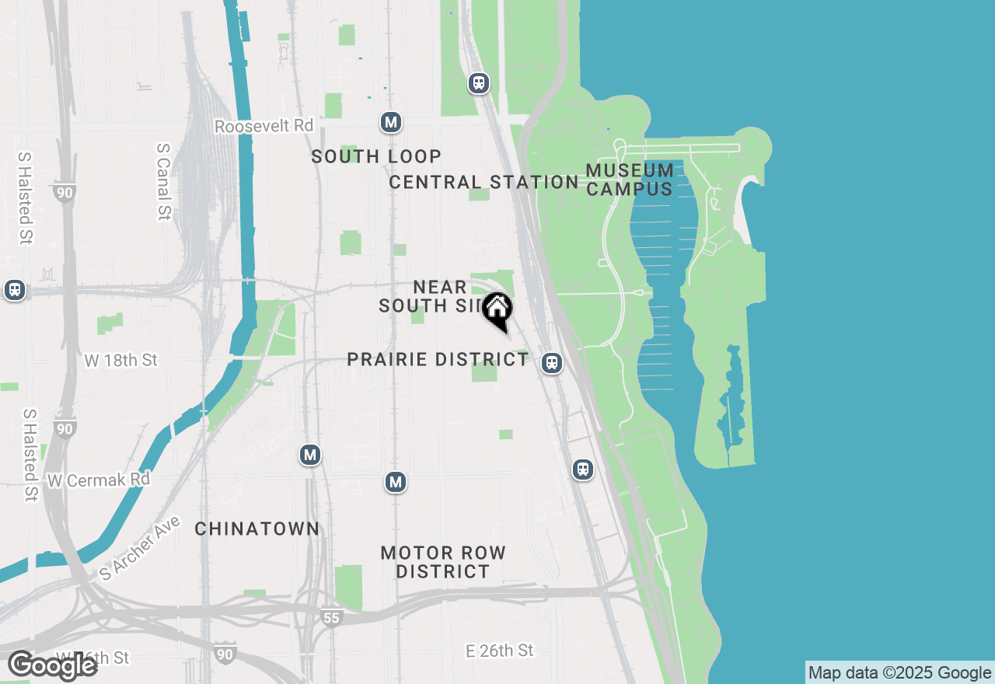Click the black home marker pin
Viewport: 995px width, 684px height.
coord(497,310)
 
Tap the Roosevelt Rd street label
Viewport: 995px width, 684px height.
coord(264,126)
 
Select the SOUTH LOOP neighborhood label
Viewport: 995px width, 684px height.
coord(376,156)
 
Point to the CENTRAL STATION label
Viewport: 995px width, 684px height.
coord(484,182)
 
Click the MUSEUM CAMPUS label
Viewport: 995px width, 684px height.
coord(630,180)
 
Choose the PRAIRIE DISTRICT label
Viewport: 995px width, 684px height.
coord(438,360)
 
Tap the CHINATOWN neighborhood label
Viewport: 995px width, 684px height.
coord(257,529)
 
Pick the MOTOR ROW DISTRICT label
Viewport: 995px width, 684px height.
coord(443,562)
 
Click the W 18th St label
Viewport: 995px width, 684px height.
coord(120,360)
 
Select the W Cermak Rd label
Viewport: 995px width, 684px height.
coord(98,480)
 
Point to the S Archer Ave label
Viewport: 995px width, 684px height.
coord(140,548)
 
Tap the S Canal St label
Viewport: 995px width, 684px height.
coord(163,180)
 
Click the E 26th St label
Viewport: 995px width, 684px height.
coord(500,651)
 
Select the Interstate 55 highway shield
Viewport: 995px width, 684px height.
coord(331,618)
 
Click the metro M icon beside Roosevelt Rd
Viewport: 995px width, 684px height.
coord(391,122)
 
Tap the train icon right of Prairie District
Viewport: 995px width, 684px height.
coord(552,362)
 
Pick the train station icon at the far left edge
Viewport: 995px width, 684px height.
coord(14,290)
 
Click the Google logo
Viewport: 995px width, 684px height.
coord(53,665)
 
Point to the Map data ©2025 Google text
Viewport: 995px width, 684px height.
coord(899,673)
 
